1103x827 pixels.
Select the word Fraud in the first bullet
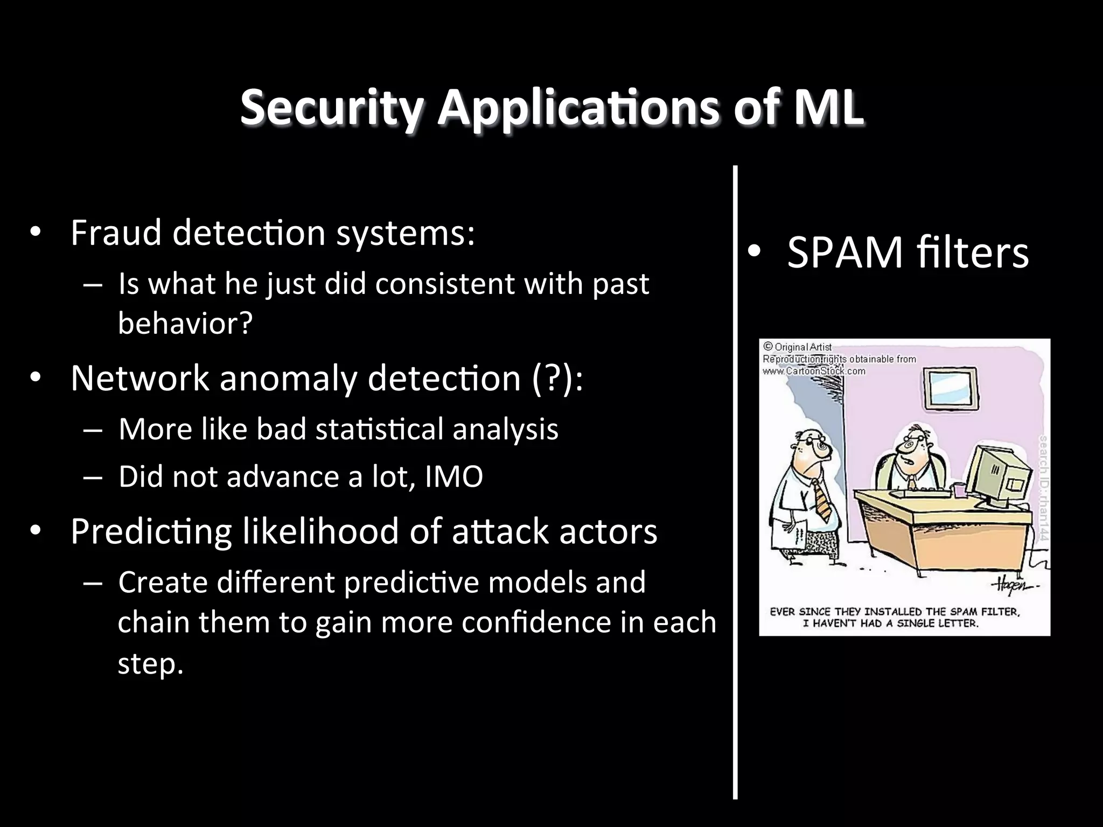pyautogui.click(x=116, y=233)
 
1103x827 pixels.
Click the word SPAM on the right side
pyautogui.click(x=844, y=253)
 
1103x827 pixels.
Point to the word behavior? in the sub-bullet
pyautogui.click(x=185, y=324)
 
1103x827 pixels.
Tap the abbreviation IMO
pyautogui.click(x=454, y=477)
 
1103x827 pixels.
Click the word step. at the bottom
pyautogui.click(x=150, y=663)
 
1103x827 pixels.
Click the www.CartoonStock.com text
pyautogui.click(x=814, y=371)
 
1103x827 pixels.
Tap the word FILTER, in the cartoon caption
pyautogui.click(x=1001, y=612)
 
